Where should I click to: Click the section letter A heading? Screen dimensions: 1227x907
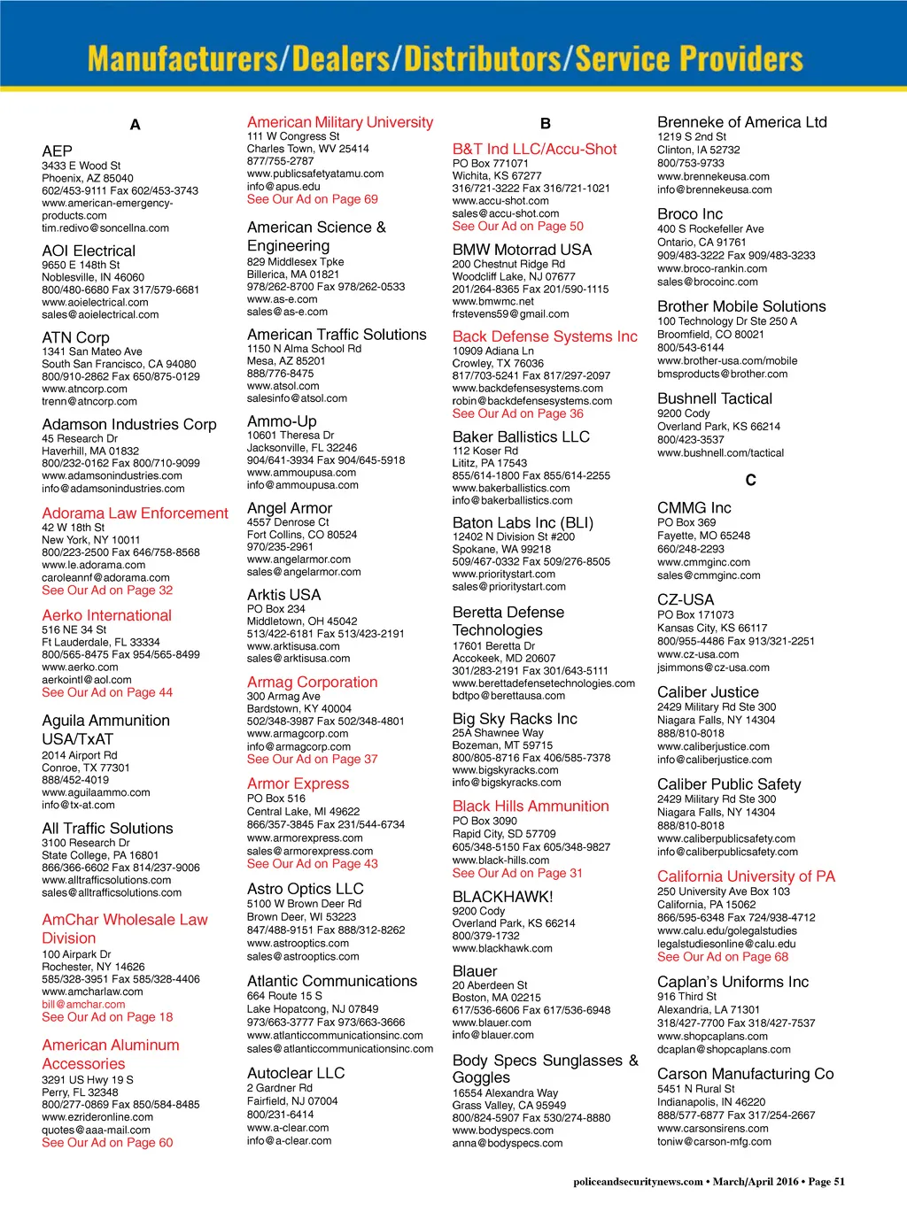click(x=135, y=125)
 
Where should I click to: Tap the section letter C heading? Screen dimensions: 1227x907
click(x=750, y=480)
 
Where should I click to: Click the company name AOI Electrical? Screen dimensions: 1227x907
click(x=89, y=251)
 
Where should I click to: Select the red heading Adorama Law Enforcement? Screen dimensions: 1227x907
click(x=135, y=513)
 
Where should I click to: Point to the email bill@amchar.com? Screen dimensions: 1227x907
click(x=83, y=1004)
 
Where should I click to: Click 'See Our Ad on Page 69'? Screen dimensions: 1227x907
click(x=312, y=199)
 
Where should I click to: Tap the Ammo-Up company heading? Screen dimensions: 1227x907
click(x=282, y=421)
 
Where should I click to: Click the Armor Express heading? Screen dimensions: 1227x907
click(x=298, y=783)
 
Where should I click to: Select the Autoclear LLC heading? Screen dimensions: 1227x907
click(x=296, y=1073)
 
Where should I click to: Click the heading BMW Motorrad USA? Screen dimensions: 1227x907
click(x=522, y=250)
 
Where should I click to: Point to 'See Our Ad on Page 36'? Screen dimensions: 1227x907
click(x=517, y=413)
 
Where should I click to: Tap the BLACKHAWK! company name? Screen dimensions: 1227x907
click(x=502, y=897)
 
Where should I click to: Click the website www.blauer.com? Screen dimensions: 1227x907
click(x=492, y=1023)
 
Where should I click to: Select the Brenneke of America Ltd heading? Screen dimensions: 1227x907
click(x=741, y=122)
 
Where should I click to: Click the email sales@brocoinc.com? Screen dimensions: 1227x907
click(x=707, y=282)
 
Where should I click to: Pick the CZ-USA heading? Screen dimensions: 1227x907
click(x=685, y=599)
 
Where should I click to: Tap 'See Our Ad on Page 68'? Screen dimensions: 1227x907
click(x=722, y=957)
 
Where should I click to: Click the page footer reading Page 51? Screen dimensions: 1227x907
click(x=826, y=1181)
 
